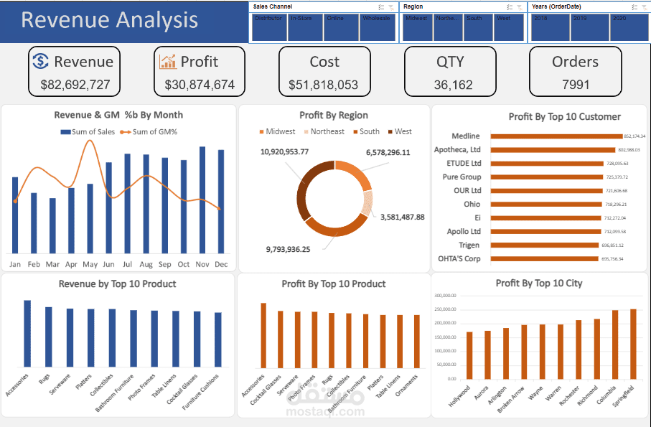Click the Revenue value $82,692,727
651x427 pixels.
point(75,85)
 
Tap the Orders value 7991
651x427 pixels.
point(575,85)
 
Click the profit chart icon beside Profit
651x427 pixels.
point(167,62)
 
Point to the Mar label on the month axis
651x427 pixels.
point(52,264)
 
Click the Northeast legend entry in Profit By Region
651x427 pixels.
point(327,131)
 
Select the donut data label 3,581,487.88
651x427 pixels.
point(402,217)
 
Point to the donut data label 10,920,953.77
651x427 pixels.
point(284,152)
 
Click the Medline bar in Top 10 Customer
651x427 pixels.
point(556,136)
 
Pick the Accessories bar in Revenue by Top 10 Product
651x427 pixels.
point(27,334)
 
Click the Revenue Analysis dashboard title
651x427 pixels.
point(109,20)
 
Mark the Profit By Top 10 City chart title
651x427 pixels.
point(539,283)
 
